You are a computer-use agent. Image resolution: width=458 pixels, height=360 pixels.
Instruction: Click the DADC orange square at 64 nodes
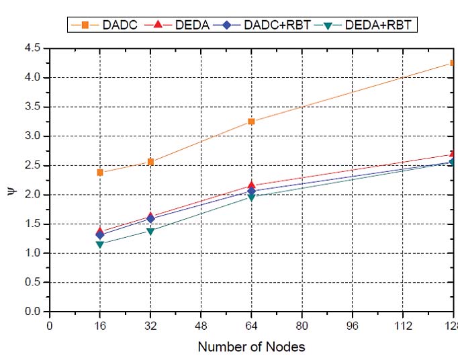[251, 122]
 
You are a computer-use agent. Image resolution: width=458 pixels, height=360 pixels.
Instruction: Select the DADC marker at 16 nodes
[100, 173]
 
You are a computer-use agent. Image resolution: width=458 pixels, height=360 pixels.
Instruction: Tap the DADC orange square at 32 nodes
[150, 162]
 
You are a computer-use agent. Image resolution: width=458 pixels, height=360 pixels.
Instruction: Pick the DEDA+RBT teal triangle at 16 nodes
[100, 244]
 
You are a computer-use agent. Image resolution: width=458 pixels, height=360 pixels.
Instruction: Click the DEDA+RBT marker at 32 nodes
[150, 231]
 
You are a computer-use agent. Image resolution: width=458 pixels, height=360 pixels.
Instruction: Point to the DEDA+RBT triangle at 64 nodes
[251, 197]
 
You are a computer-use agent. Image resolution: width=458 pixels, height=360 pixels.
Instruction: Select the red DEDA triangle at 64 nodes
[251, 185]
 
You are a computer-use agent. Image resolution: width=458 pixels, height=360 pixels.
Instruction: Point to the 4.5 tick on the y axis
[32, 48]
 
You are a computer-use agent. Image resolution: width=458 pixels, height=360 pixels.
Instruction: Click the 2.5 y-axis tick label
[32, 165]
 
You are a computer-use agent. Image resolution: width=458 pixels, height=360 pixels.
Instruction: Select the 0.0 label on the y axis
[32, 312]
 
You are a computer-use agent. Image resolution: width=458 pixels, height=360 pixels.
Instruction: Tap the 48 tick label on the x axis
[201, 326]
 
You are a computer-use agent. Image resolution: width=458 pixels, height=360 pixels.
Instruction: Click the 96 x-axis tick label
[352, 326]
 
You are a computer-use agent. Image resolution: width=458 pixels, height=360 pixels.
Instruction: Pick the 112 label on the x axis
[402, 326]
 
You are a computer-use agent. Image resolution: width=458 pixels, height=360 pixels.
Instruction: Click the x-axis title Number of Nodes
[251, 347]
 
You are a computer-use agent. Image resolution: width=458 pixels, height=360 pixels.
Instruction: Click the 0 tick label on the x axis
[50, 326]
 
